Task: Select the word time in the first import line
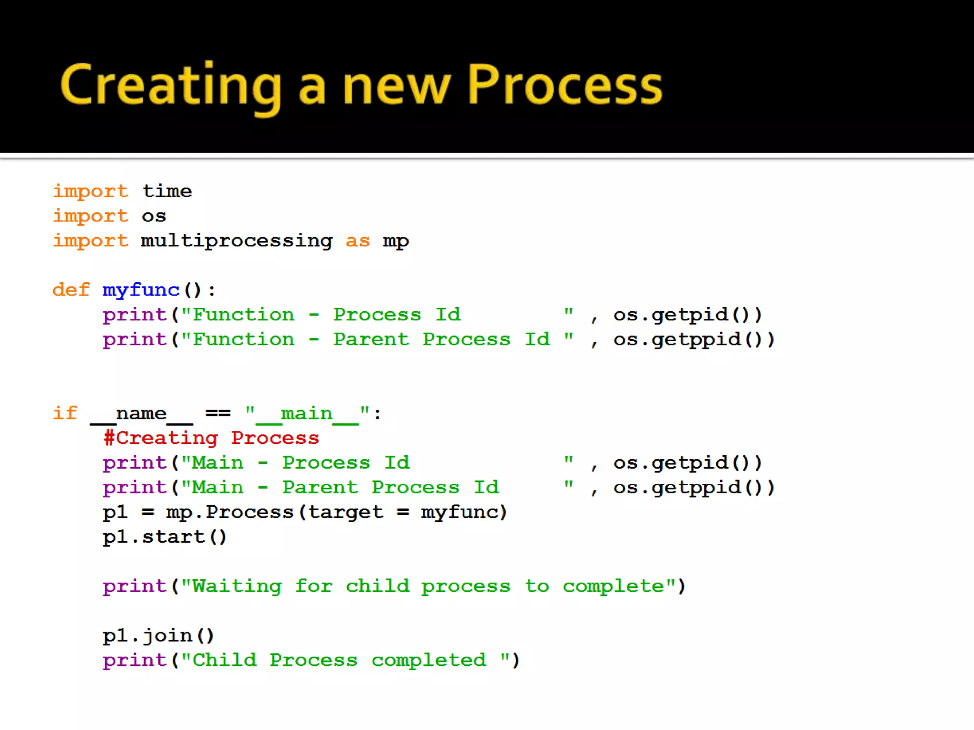click(167, 191)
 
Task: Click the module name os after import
click(154, 216)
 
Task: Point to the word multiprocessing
click(236, 241)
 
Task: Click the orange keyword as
click(357, 241)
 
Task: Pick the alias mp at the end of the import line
click(396, 241)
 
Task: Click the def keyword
click(71, 290)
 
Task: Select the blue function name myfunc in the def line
click(141, 290)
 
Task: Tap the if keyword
click(65, 413)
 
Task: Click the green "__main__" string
click(307, 413)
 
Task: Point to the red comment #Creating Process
click(211, 438)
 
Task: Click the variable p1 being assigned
click(115, 512)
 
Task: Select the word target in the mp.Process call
click(345, 512)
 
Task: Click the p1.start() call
click(165, 537)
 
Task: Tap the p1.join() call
click(158, 636)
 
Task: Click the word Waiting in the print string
click(237, 586)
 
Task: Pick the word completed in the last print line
click(429, 661)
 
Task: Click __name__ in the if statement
click(141, 413)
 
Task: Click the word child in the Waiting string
click(377, 586)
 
